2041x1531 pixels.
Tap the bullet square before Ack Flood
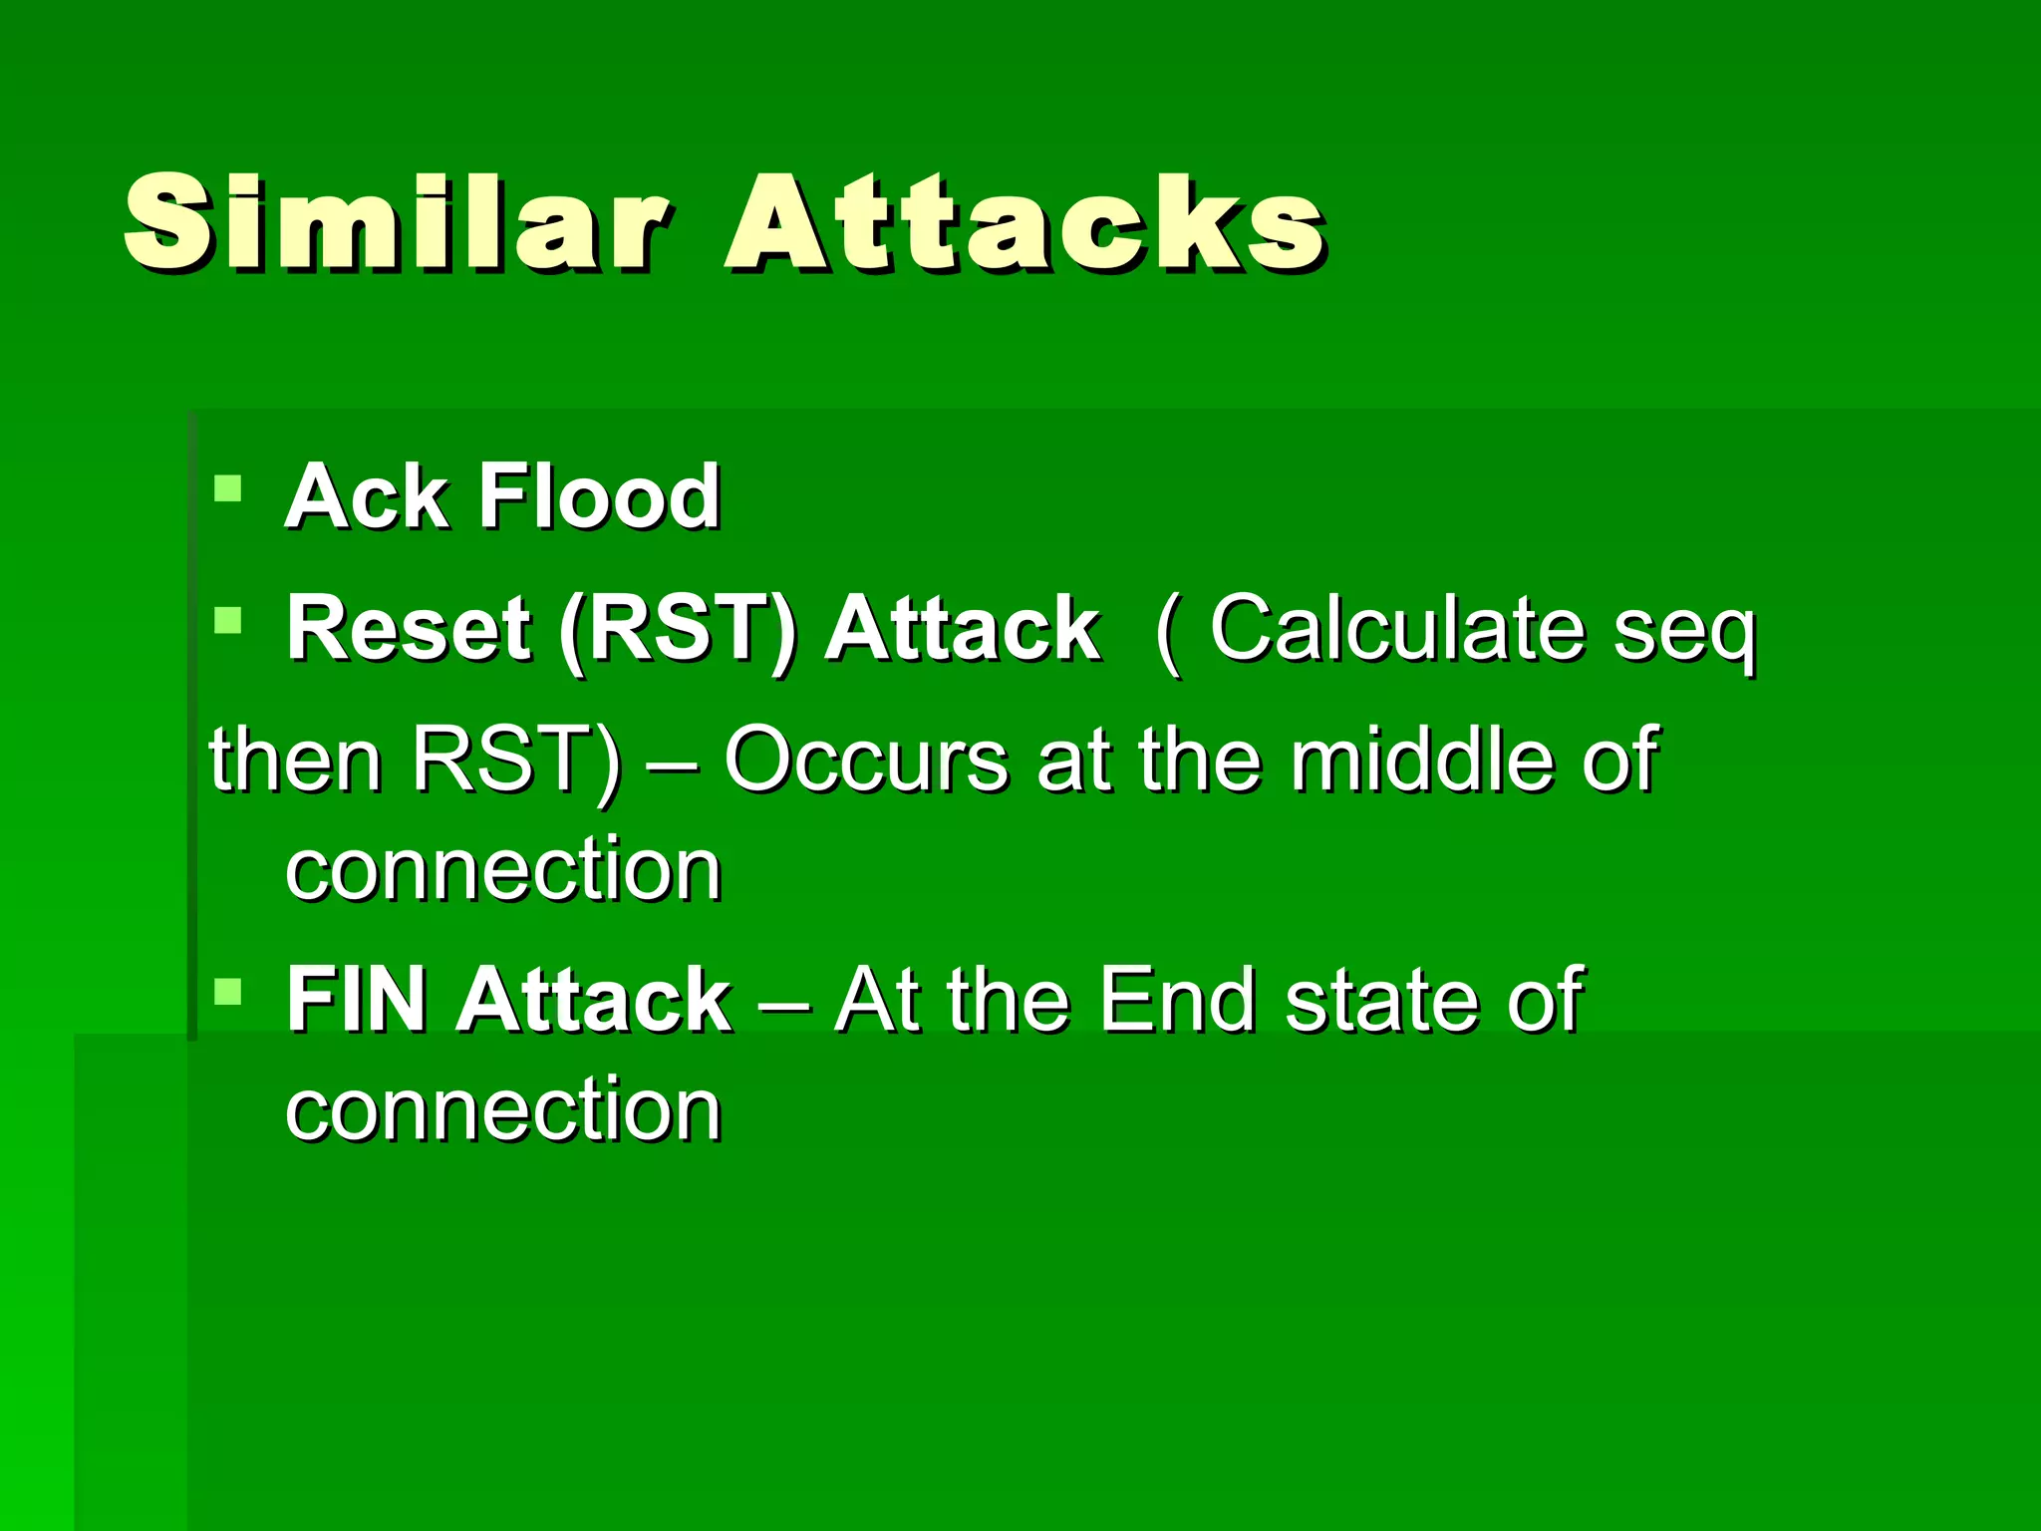228,488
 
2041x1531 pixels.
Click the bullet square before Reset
228,621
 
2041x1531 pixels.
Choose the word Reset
409,629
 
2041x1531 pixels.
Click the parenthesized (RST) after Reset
679,631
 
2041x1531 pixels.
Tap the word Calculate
1395,629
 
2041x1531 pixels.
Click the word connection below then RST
503,870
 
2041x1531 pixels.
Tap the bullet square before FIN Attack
228,992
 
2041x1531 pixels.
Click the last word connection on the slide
503,1110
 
